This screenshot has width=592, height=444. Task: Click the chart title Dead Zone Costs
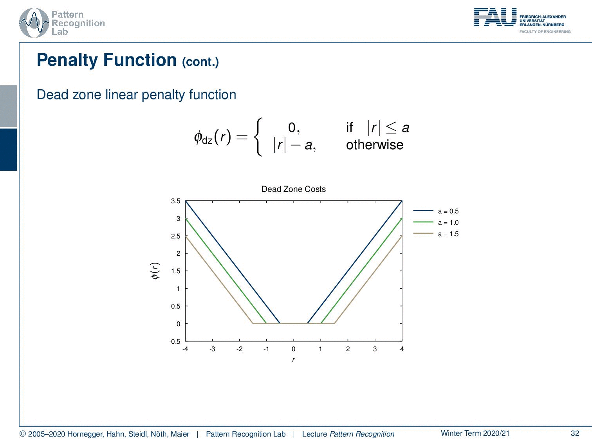(x=293, y=189)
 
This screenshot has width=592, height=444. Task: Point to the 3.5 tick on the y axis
(x=175, y=201)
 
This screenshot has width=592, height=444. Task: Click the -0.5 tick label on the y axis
(x=175, y=341)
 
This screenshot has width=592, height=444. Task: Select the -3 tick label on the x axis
(x=212, y=349)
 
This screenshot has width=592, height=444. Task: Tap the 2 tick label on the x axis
(x=348, y=349)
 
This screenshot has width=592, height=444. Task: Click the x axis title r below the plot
(x=293, y=359)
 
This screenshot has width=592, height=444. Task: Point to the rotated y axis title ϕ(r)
(x=155, y=271)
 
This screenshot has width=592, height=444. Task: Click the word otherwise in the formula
(x=375, y=145)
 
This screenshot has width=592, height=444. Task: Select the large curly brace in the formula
(x=258, y=137)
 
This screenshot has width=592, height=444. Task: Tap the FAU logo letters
(x=495, y=17)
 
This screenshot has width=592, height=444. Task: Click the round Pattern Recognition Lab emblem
(x=34, y=23)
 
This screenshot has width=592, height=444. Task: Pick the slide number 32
(x=575, y=433)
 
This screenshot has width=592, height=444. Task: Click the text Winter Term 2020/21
(x=475, y=433)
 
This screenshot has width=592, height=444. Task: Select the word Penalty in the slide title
(x=67, y=60)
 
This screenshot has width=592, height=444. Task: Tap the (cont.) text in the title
(x=200, y=62)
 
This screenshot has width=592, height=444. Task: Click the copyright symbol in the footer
(x=23, y=434)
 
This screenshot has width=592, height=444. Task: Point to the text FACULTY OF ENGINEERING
(x=545, y=32)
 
